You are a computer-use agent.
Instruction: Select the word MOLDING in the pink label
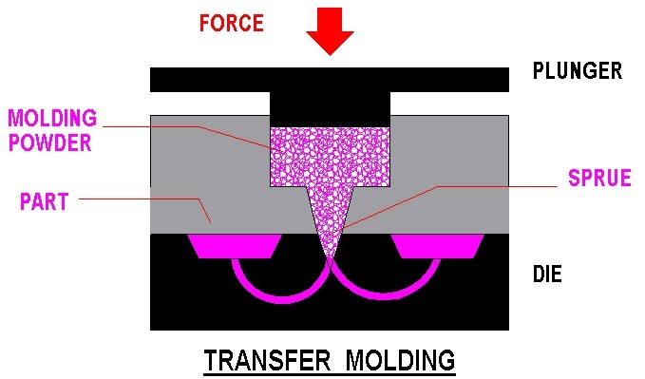(52, 120)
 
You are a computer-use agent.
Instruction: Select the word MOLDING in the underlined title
(400, 361)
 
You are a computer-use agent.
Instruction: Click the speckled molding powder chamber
(330, 157)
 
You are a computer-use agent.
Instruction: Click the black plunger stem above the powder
(330, 107)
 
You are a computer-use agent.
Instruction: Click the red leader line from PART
(142, 199)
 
